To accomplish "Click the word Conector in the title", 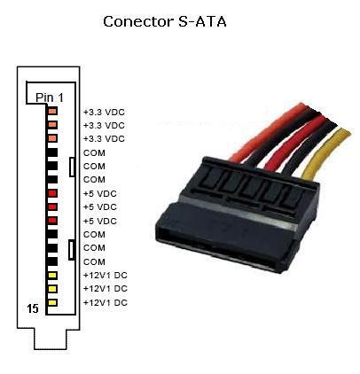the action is tap(138, 22).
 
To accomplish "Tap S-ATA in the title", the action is tap(202, 21).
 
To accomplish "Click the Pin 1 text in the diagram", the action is tap(50, 97).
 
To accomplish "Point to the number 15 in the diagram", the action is tap(33, 308).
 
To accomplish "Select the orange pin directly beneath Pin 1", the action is tap(52, 111).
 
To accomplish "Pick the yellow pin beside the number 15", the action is tap(52, 302).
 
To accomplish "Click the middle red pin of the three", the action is tap(52, 206).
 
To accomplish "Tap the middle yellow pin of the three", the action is tap(52, 289).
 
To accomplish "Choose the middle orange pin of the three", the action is tap(52, 125).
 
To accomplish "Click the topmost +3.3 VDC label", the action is tap(104, 113).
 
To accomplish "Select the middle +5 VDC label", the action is tap(100, 206).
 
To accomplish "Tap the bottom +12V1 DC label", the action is tap(106, 302).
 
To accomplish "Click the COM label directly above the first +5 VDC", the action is tap(94, 180).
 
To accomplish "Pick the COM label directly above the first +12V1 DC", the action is tap(94, 261).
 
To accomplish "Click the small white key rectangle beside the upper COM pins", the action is tap(72, 168).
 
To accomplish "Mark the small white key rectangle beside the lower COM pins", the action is tap(71, 250).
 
